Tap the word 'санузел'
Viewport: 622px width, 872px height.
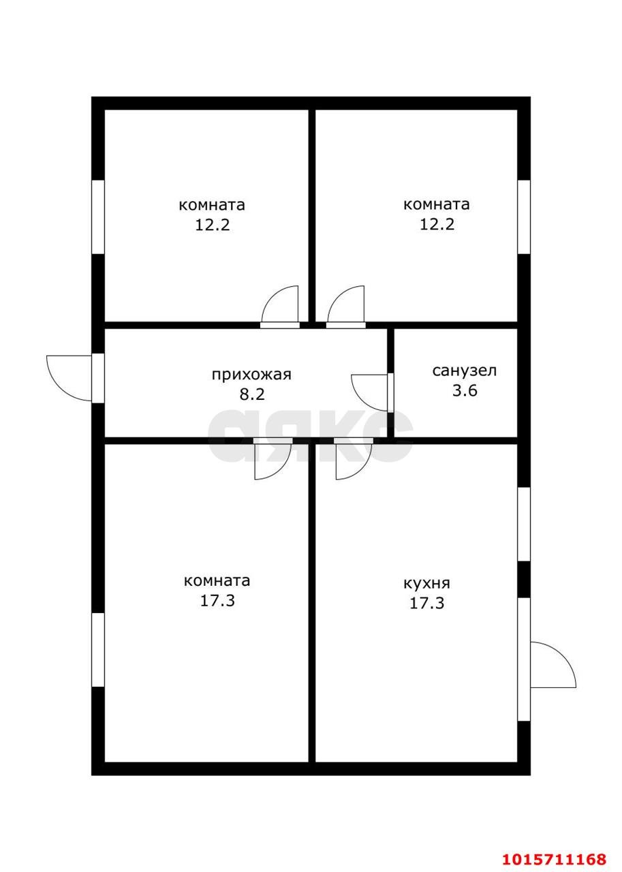click(x=465, y=370)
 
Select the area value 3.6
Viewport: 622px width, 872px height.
click(x=465, y=390)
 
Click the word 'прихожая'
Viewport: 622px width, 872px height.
click(x=251, y=375)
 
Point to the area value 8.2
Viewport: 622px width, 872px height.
click(x=252, y=394)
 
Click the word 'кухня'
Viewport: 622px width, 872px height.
click(x=426, y=583)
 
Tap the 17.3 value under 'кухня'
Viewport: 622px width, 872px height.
click(x=426, y=603)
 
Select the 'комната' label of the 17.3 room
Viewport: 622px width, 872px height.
click(x=217, y=580)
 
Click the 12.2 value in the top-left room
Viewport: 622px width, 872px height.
click(x=213, y=225)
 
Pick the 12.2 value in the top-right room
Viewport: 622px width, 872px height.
click(x=437, y=224)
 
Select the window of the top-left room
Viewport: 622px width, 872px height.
click(x=97, y=217)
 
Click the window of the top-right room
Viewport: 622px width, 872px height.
click(x=524, y=217)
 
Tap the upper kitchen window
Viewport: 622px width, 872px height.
click(x=524, y=524)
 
